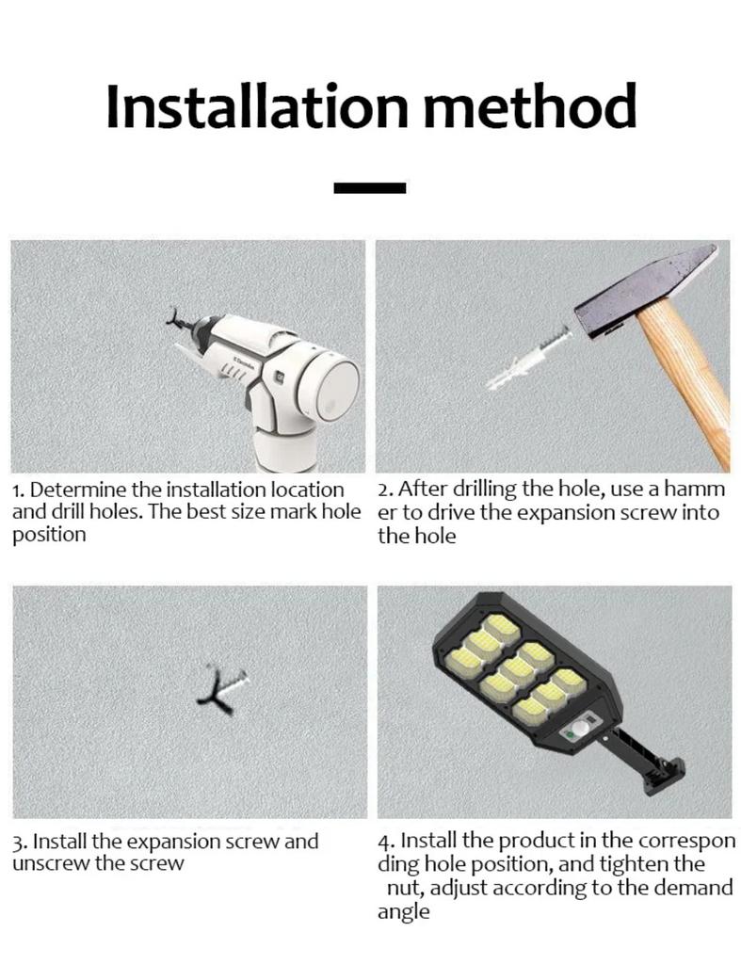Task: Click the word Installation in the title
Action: [x=257, y=105]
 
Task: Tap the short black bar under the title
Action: [x=370, y=188]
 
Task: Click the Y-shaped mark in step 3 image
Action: [x=217, y=691]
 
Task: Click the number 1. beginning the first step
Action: [x=19, y=490]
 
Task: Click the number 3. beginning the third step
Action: [x=21, y=842]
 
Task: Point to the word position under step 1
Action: [x=49, y=536]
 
